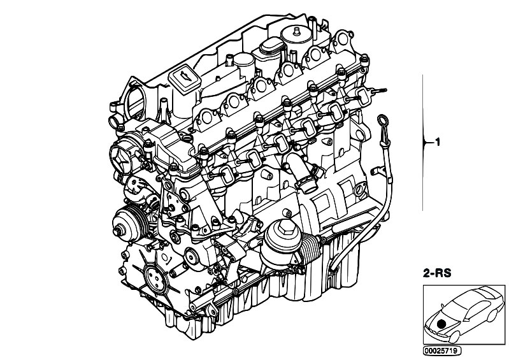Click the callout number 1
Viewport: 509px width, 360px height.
[x=438, y=142]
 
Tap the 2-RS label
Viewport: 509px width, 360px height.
[x=437, y=273]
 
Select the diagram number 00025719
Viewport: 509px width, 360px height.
[x=442, y=350]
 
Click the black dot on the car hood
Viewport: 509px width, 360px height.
[x=441, y=324]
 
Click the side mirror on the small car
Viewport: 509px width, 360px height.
[x=443, y=305]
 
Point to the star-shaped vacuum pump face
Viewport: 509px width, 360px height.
[x=120, y=158]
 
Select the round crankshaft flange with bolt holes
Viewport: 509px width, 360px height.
[x=153, y=276]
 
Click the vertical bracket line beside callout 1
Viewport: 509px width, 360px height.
[x=422, y=143]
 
